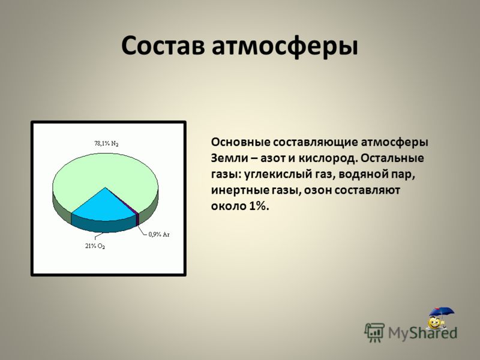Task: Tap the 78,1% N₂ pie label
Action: coord(106,143)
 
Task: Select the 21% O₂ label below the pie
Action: coord(95,246)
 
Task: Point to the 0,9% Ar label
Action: coord(159,235)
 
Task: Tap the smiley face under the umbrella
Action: coord(434,323)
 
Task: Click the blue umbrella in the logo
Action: coord(441,313)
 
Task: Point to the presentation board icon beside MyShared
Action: coord(374,332)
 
